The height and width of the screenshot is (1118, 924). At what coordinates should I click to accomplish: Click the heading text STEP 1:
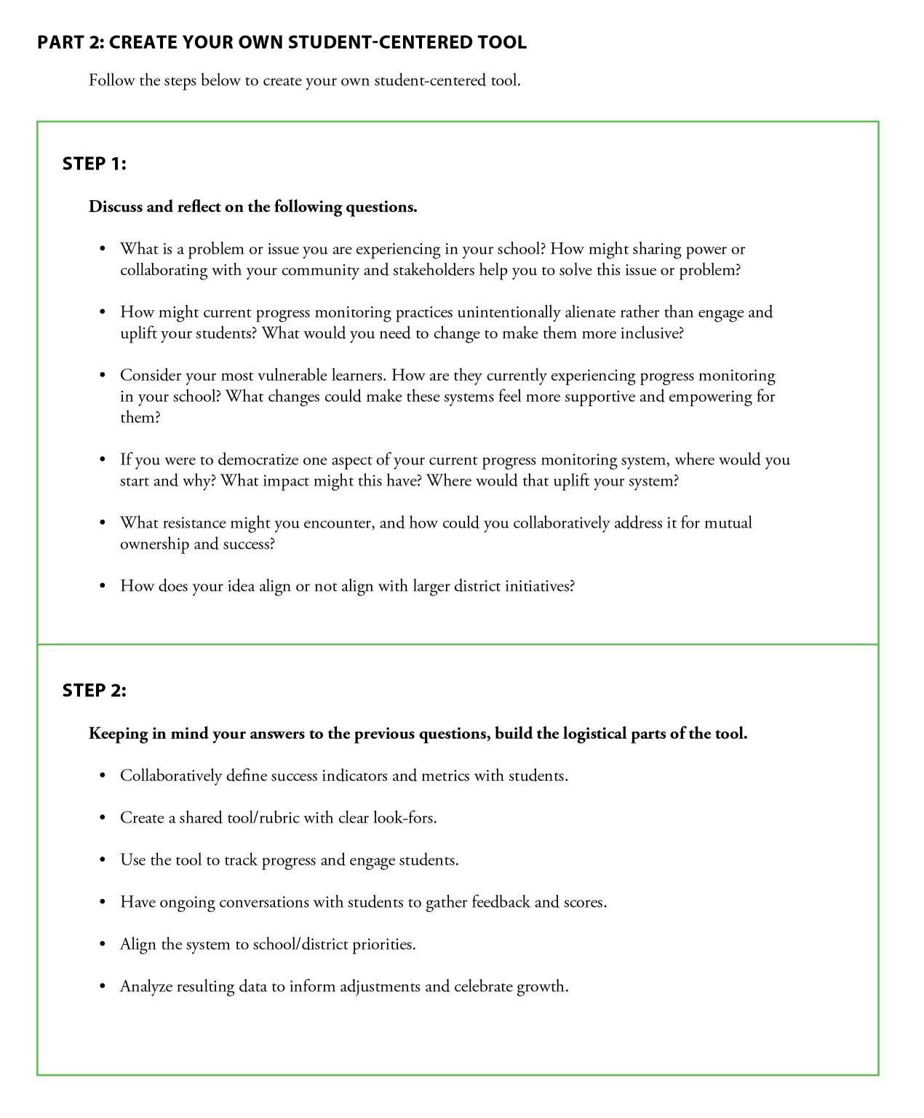pyautogui.click(x=95, y=164)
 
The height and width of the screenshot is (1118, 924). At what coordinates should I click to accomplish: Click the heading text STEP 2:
pyautogui.click(x=95, y=690)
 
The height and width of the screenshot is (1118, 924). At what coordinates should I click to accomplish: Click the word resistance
pyautogui.click(x=194, y=523)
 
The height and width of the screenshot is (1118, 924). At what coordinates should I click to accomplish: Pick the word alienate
pyautogui.click(x=590, y=312)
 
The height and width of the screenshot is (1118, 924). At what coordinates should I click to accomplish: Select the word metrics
pyautogui.click(x=445, y=776)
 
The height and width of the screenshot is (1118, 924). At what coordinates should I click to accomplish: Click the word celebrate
pyautogui.click(x=484, y=986)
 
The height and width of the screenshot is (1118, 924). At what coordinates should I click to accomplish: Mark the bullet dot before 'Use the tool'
pyautogui.click(x=103, y=860)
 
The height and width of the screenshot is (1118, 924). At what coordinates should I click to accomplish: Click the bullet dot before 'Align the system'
pyautogui.click(x=103, y=945)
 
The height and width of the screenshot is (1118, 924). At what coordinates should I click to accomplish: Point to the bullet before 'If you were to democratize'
pyautogui.click(x=103, y=460)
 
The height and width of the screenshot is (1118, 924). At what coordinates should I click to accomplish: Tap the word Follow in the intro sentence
pyautogui.click(x=111, y=80)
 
